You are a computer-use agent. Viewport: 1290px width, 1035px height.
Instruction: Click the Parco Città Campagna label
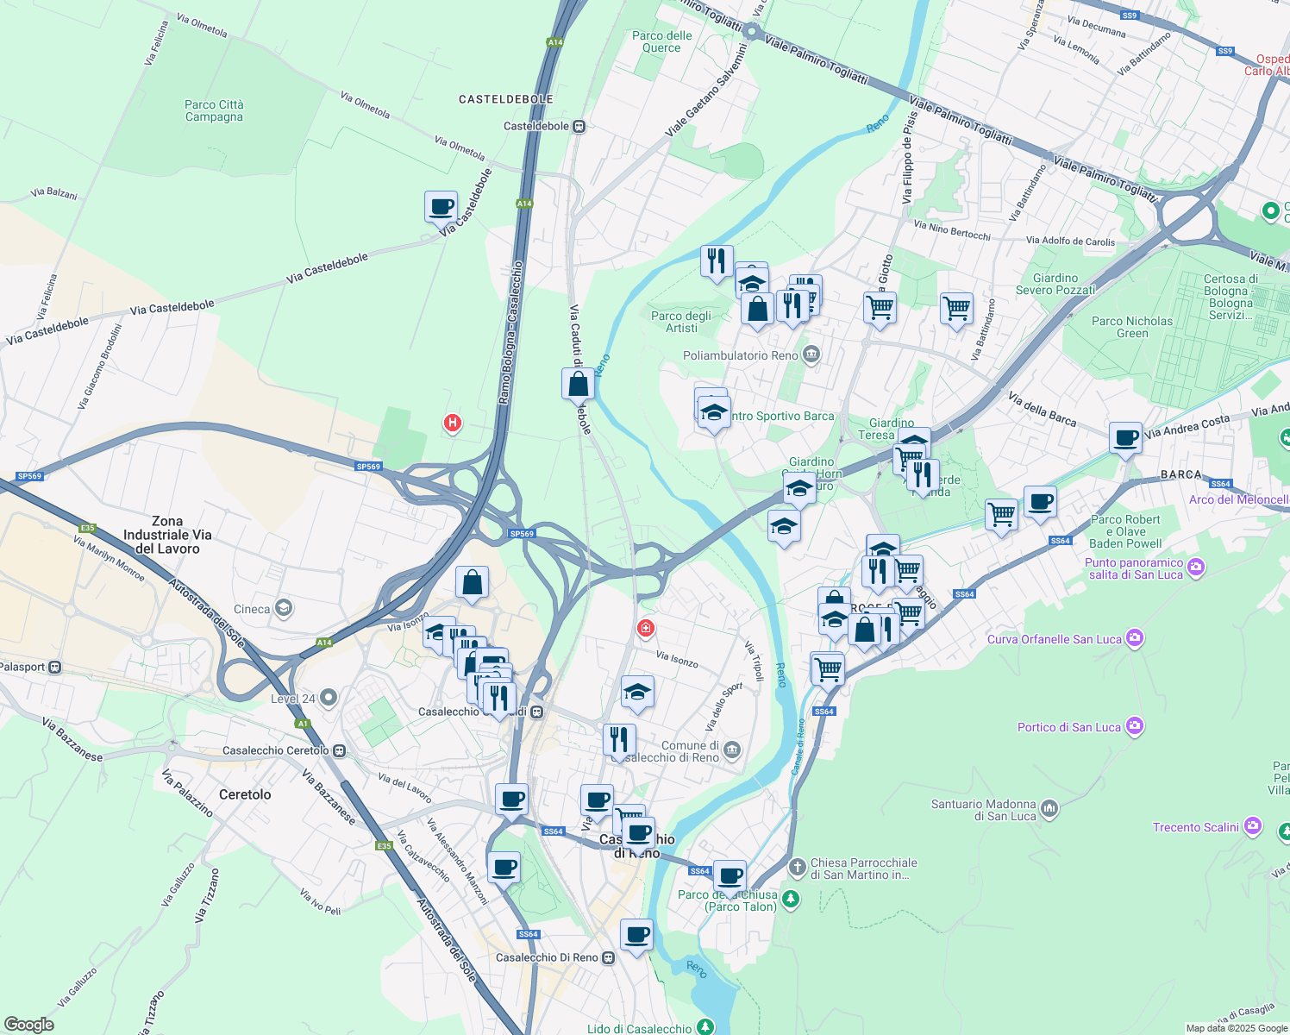[214, 110]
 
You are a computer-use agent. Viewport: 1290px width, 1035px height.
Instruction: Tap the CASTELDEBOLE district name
[505, 99]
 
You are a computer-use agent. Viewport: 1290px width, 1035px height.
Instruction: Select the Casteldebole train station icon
[579, 126]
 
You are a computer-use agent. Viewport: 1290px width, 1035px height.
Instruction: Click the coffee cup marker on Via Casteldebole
[441, 207]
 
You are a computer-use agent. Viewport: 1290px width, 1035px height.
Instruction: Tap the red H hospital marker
[452, 423]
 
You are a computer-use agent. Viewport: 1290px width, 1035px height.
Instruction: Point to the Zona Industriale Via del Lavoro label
[167, 535]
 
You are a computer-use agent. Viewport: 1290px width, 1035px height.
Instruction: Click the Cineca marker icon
[284, 609]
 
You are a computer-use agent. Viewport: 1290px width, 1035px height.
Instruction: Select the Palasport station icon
[56, 667]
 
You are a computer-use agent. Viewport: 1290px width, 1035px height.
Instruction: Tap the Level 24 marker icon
[329, 698]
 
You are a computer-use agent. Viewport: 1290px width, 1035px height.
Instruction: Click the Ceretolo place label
[245, 794]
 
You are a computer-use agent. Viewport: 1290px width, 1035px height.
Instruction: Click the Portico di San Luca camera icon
[1135, 726]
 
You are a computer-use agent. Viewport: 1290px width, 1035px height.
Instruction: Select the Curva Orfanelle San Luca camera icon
[1135, 638]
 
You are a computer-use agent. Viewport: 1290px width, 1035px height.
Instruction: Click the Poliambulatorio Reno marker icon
[811, 354]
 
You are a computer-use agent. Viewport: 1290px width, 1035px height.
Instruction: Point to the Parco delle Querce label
[661, 41]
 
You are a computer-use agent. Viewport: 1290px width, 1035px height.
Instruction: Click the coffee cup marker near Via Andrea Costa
[1125, 437]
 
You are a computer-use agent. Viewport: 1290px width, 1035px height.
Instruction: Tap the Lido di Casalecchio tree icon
[705, 1027]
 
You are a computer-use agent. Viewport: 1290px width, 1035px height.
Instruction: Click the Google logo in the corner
[28, 1024]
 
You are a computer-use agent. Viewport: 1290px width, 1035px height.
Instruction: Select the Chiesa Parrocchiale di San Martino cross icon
[798, 866]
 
